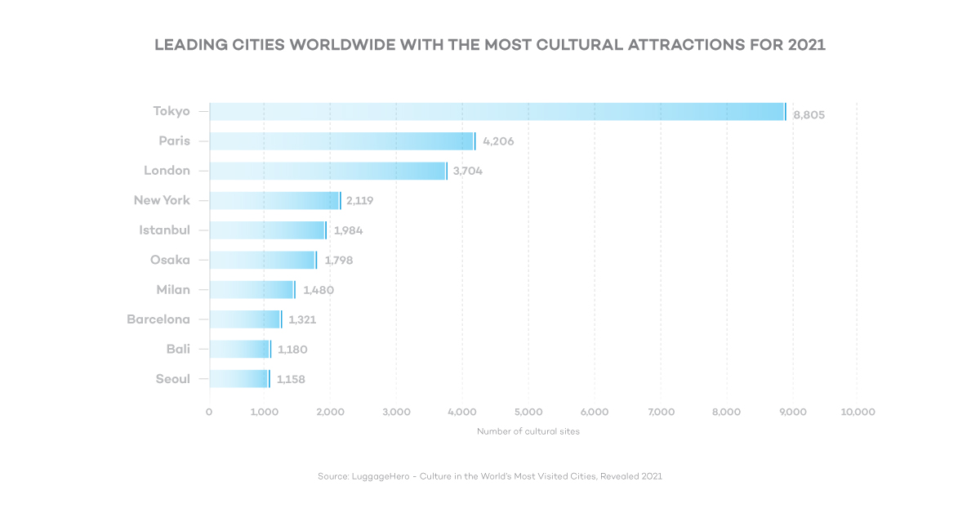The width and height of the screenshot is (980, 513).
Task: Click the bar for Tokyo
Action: pyautogui.click(x=497, y=112)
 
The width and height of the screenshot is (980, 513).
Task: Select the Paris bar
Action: pyautogui.click(x=341, y=141)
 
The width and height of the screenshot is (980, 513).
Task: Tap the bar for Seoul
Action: pyautogui.click(x=238, y=379)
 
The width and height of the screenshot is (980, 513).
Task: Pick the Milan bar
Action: pyautogui.click(x=252, y=290)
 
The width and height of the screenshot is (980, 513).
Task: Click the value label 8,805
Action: pyautogui.click(x=808, y=115)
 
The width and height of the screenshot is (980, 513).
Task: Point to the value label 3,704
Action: pyautogui.click(x=467, y=172)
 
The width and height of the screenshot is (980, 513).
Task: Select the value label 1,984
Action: pyautogui.click(x=348, y=231)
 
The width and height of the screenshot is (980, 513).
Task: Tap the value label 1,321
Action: pyautogui.click(x=302, y=320)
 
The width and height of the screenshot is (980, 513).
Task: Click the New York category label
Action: pyautogui.click(x=162, y=200)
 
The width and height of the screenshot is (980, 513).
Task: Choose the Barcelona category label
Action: pyautogui.click(x=158, y=319)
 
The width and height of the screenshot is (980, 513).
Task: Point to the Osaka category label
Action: pyautogui.click(x=170, y=260)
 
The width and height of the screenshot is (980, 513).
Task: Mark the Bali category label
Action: pyautogui.click(x=178, y=349)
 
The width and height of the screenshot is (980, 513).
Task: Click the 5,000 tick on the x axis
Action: pyautogui.click(x=528, y=413)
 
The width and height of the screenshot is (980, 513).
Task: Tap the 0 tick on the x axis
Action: pyautogui.click(x=209, y=413)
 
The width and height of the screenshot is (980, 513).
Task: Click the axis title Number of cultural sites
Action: pyautogui.click(x=528, y=431)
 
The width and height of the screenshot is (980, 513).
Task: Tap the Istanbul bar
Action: pyautogui.click(x=267, y=230)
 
